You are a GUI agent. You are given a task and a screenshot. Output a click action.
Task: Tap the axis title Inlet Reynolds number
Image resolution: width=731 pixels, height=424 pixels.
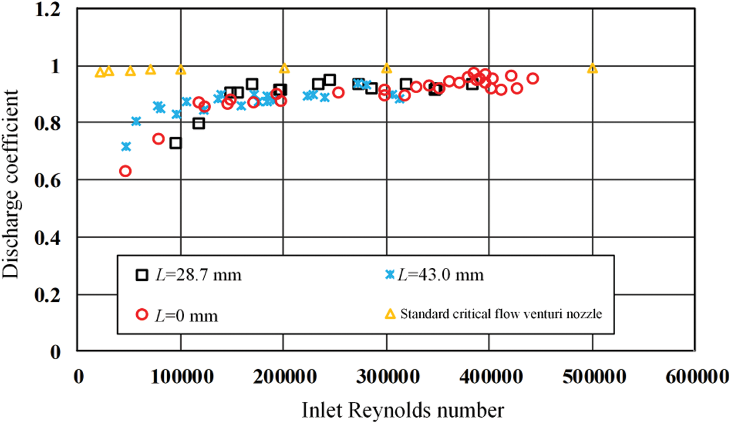402,410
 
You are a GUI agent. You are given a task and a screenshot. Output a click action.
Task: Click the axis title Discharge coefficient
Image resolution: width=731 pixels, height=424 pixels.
12,180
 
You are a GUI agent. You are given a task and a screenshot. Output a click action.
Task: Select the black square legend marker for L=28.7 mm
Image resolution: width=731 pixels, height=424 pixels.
142,275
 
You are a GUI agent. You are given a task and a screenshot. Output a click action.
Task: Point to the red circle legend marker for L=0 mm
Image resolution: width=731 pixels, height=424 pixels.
142,315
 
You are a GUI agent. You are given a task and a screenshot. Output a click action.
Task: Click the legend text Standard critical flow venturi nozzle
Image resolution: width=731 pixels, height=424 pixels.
501,314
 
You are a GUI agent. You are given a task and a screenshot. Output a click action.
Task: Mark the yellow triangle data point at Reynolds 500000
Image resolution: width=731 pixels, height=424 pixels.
592,68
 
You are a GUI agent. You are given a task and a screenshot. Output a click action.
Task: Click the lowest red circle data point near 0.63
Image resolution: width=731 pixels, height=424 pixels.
125,171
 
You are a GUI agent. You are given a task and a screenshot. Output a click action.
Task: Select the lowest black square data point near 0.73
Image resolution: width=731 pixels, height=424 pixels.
175,143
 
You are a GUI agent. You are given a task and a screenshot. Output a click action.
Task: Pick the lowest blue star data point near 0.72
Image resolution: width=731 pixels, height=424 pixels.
126,146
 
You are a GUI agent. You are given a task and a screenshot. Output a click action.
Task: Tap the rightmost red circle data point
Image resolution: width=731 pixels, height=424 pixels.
532,78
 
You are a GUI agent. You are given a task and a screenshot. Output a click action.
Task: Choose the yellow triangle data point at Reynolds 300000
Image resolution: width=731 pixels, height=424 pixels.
386,68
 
